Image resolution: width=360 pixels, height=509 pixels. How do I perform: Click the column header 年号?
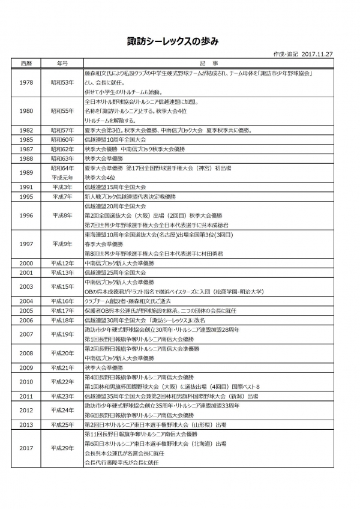(62, 62)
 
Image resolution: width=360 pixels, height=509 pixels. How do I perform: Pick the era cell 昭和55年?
(62, 111)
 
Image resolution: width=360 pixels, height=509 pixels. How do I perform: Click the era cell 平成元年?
(62, 178)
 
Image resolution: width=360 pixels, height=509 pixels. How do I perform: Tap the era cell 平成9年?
(62, 244)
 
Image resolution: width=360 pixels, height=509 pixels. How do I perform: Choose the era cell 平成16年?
(62, 301)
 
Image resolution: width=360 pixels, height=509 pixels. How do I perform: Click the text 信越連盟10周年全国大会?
(115, 139)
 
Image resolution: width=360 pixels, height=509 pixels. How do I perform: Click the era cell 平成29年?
(62, 448)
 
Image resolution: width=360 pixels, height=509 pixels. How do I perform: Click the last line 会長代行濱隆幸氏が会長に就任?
(122, 463)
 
